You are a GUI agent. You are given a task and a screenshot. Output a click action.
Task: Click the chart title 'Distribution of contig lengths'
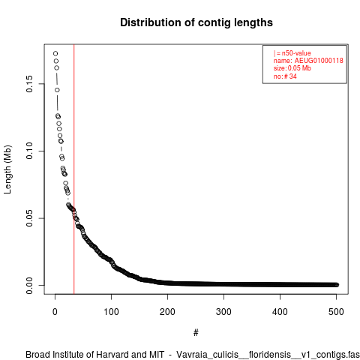click(x=196, y=22)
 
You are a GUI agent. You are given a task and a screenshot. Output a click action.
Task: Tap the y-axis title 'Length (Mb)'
click(x=7, y=169)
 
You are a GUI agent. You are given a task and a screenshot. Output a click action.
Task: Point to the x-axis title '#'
click(x=196, y=333)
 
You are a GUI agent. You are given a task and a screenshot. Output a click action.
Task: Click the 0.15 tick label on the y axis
click(x=29, y=84)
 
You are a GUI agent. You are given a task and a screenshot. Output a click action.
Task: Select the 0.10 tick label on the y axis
click(x=29, y=151)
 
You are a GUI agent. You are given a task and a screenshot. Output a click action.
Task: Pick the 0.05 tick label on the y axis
click(x=29, y=218)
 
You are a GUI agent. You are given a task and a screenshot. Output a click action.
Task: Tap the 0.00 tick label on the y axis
click(x=29, y=285)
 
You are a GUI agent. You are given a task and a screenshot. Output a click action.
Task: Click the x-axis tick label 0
click(x=55, y=312)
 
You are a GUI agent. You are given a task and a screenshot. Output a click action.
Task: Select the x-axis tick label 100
click(x=111, y=312)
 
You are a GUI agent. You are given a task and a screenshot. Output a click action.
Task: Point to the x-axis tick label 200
click(x=167, y=312)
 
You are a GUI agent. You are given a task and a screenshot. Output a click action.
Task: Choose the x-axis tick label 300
click(x=223, y=312)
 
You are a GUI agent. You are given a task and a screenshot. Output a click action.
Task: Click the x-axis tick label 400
click(x=280, y=312)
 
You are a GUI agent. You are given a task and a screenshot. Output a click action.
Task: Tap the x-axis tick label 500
click(x=336, y=312)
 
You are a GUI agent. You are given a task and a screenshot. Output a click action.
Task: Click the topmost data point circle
click(x=55, y=53)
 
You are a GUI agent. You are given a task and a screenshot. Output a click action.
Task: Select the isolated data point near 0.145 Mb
click(x=57, y=90)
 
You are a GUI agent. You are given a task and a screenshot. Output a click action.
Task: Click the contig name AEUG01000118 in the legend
click(x=319, y=61)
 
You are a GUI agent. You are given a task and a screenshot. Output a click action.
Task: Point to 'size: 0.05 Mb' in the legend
click(x=292, y=68)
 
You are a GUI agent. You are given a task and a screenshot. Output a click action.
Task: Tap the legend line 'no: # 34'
click(x=285, y=76)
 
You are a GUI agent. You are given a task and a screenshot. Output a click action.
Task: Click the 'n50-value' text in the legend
click(x=296, y=53)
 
